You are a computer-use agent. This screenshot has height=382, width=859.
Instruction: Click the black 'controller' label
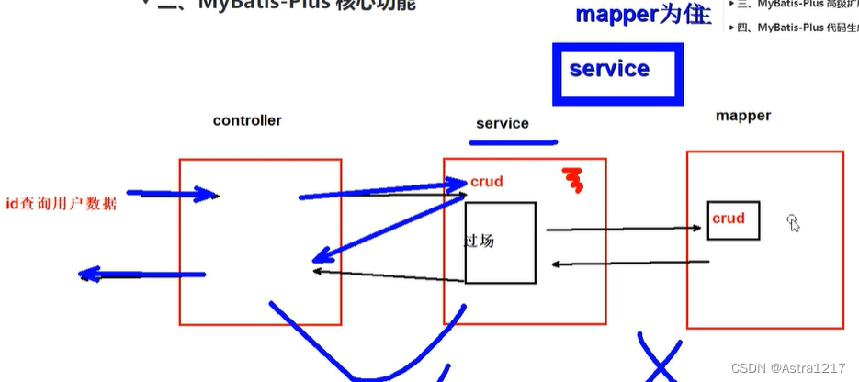click(247, 120)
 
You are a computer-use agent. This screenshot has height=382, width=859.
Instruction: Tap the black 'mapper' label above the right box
click(743, 116)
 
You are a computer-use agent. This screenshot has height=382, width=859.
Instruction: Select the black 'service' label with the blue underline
click(502, 123)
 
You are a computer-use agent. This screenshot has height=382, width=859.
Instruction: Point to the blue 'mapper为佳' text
click(642, 16)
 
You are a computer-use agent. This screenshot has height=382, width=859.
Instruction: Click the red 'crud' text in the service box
click(487, 182)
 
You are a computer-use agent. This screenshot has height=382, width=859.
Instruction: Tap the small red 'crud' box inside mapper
click(732, 220)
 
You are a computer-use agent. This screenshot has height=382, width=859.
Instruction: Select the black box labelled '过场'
click(500, 242)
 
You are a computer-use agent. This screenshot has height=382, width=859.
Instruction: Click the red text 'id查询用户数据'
click(61, 204)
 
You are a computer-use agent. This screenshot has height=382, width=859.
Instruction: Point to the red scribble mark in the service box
click(573, 181)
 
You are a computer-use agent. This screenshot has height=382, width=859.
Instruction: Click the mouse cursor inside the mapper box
click(793, 222)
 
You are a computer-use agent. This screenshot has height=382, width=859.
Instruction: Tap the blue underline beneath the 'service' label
click(513, 142)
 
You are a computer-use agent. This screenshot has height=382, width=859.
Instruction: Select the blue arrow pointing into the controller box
click(172, 194)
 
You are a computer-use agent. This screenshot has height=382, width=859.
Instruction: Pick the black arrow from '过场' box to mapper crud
click(621, 230)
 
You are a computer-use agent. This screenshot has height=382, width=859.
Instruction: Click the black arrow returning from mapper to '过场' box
click(630, 264)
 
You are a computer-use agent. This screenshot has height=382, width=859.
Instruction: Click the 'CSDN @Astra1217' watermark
click(787, 367)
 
